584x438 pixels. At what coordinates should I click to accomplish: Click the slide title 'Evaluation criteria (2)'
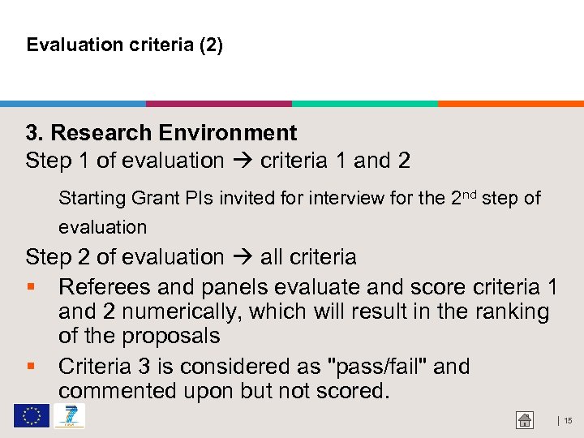pyautogui.click(x=124, y=45)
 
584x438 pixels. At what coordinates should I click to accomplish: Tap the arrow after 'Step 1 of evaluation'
pyautogui.click(x=242, y=161)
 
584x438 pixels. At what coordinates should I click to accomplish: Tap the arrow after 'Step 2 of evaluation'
pyautogui.click(x=242, y=258)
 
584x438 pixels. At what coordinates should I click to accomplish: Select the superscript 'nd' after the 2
pyautogui.click(x=471, y=194)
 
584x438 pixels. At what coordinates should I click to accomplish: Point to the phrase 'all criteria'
pyautogui.click(x=308, y=258)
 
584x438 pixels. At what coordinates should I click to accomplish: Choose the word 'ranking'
pyautogui.click(x=510, y=311)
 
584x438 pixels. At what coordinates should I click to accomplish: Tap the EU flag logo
pyautogui.click(x=31, y=416)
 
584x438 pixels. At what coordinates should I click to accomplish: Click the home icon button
pyautogui.click(x=525, y=420)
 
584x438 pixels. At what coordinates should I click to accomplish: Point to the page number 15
pyautogui.click(x=568, y=420)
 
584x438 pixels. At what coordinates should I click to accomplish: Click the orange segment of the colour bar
pyautogui.click(x=511, y=104)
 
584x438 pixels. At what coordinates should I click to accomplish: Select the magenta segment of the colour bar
pyautogui.click(x=219, y=104)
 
